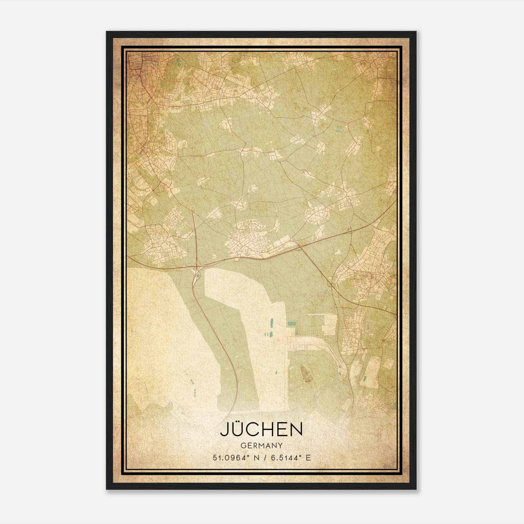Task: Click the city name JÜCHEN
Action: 261,430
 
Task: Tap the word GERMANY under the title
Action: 261,446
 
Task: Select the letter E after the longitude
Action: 308,458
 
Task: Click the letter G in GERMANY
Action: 243,446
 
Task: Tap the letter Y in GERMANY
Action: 280,446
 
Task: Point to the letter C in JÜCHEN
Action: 252,430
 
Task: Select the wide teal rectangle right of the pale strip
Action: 291,324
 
